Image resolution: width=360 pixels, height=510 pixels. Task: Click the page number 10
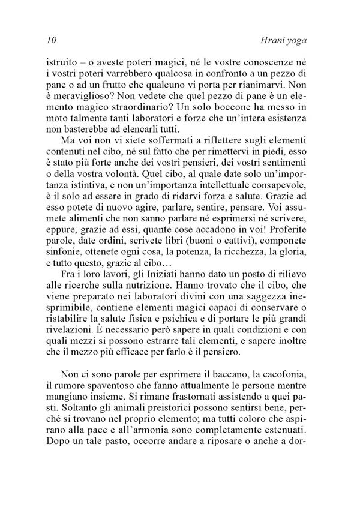click(x=50, y=41)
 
